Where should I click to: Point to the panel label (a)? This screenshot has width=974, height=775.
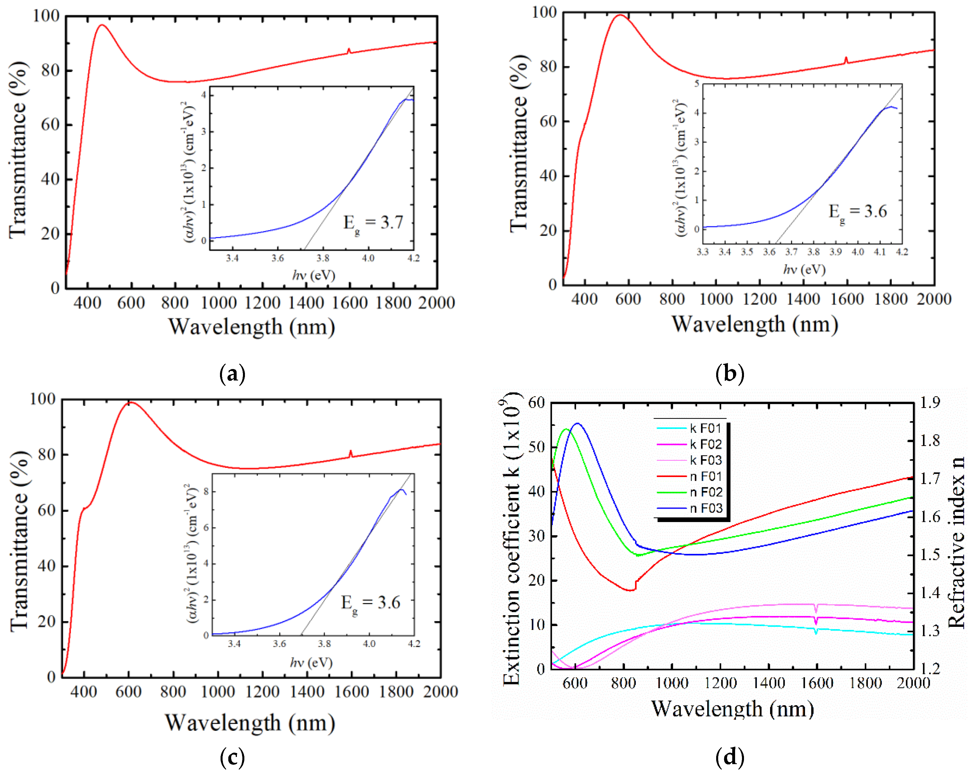coord(232,374)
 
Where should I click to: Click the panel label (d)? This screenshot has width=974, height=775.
coord(730,756)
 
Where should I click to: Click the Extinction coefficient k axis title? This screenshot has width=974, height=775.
coord(511,539)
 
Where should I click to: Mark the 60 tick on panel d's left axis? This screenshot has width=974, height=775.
coord(536,402)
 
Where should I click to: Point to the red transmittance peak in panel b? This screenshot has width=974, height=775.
coord(620,15)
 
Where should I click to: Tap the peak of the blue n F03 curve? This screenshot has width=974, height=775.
coord(577,423)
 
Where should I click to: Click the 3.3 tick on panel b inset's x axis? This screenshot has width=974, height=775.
coord(702,252)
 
